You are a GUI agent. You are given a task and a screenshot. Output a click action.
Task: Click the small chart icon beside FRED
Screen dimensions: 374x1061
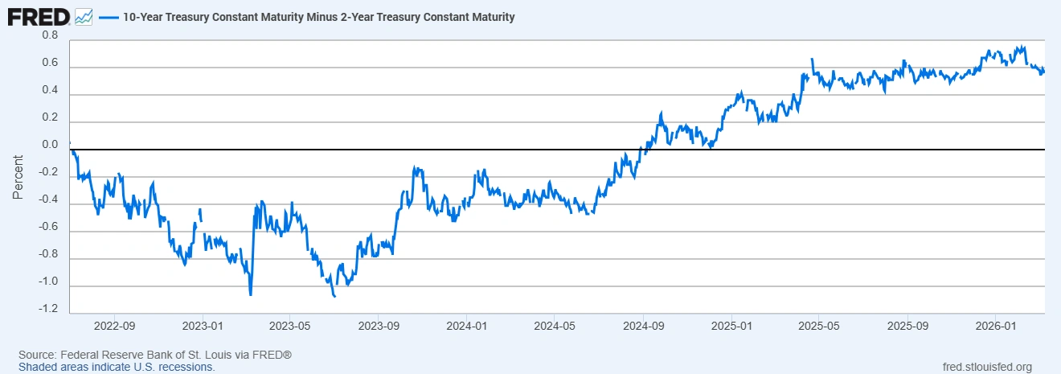84,16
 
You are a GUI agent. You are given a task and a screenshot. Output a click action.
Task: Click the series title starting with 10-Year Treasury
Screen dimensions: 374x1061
318,16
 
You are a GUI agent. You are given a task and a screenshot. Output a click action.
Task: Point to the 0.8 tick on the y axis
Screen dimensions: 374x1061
50,36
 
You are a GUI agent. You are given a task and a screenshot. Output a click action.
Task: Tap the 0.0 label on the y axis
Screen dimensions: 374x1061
50,146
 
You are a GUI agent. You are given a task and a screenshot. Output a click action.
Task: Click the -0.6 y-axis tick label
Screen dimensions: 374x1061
48,228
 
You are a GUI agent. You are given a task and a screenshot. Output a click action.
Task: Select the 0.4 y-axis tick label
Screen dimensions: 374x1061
50,91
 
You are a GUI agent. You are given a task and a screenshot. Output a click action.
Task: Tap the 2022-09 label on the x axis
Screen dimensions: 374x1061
114,327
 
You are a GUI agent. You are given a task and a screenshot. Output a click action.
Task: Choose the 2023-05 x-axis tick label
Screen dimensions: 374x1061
289,327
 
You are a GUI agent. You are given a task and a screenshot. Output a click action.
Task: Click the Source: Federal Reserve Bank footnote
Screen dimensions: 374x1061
154,355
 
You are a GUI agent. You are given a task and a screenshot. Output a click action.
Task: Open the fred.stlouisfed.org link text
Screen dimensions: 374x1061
986,367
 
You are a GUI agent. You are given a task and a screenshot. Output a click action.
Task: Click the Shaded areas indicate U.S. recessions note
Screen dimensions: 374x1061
117,367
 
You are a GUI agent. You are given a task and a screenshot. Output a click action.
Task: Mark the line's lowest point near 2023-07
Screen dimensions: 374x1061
334,297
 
